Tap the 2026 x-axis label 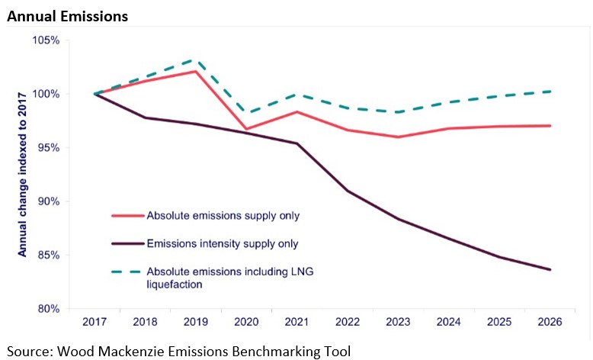pyautogui.click(x=550, y=323)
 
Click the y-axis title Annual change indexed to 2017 pyautogui.click(x=22, y=173)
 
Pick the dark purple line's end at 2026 pyautogui.click(x=550, y=269)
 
